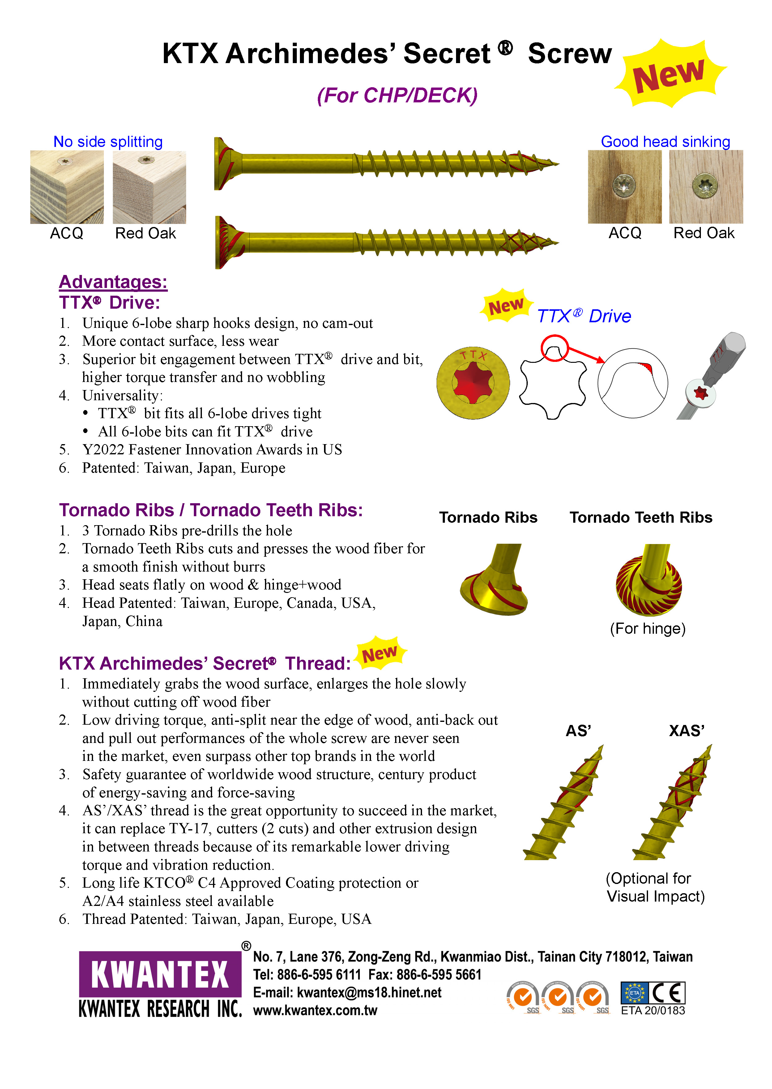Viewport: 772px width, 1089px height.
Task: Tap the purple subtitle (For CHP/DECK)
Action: pyautogui.click(x=397, y=96)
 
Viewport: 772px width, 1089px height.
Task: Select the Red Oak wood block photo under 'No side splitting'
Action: pyautogui.click(x=149, y=187)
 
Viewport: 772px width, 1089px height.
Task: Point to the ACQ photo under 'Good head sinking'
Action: pyautogui.click(x=624, y=187)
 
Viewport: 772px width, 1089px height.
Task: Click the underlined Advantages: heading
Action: pyautogui.click(x=113, y=282)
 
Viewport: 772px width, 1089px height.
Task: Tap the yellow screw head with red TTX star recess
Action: pyautogui.click(x=473, y=383)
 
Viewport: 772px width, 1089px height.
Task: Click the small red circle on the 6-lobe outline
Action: pyautogui.click(x=554, y=348)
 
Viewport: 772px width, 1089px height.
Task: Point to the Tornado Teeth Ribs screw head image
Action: pyautogui.click(x=649, y=581)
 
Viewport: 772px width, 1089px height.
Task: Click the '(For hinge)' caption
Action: pyautogui.click(x=647, y=629)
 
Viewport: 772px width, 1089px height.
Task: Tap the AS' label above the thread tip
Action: pyautogui.click(x=578, y=731)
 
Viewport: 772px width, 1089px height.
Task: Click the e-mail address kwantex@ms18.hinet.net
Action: pyautogui.click(x=369, y=993)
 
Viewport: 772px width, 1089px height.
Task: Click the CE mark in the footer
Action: pyautogui.click(x=668, y=993)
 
